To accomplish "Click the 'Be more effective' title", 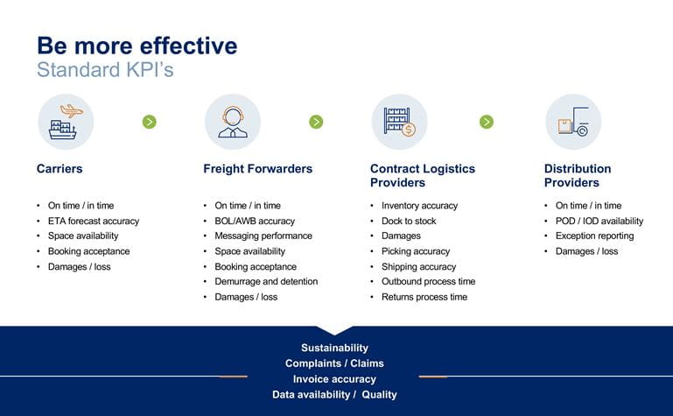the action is tap(137, 46).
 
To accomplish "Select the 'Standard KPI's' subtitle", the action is tap(105, 69).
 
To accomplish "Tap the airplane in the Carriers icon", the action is tap(72, 111).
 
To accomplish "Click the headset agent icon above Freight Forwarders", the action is tap(233, 122).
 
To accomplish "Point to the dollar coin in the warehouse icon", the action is tap(408, 130).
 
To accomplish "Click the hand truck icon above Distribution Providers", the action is tap(573, 122).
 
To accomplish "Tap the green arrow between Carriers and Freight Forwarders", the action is tap(150, 122).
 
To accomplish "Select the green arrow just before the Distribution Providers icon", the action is tap(487, 122).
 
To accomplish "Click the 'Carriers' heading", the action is tap(60, 169).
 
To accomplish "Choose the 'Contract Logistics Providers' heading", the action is tap(423, 175).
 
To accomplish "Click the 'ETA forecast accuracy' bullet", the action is tap(94, 221).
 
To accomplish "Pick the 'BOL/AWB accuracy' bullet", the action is tap(255, 221).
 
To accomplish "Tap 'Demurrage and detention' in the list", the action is tap(267, 282).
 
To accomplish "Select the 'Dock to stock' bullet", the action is tap(409, 221).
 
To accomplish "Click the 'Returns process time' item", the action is tap(424, 297).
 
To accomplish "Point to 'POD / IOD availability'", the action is tap(599, 221).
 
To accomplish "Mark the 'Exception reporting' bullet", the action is tap(594, 236).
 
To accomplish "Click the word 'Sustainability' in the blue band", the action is tap(335, 349).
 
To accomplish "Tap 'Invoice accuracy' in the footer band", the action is tap(335, 379).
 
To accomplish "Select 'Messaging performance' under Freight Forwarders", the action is tap(263, 236).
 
